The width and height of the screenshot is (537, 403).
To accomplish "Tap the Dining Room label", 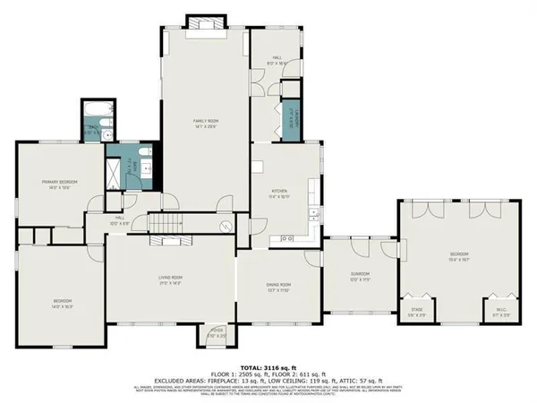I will pyautogui.click(x=277, y=287).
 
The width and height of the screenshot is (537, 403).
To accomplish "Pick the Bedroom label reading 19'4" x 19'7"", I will pyautogui.click(x=459, y=257).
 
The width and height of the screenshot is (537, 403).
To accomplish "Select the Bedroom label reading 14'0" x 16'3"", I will pyautogui.click(x=62, y=303).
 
